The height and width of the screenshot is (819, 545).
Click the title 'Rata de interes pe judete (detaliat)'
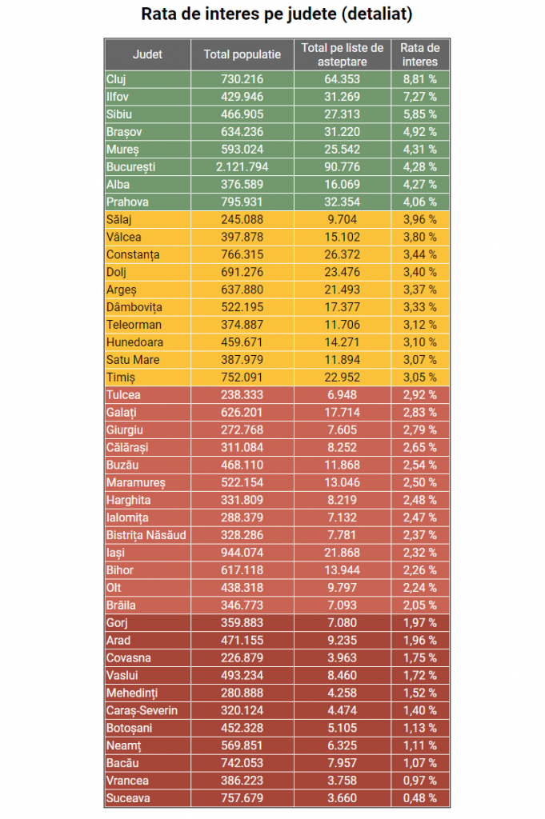[276, 14]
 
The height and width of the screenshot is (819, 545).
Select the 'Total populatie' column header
[242, 54]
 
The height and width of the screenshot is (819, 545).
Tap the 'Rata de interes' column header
[420, 55]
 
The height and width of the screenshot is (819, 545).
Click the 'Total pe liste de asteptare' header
[343, 55]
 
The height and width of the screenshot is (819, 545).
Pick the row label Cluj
[116, 79]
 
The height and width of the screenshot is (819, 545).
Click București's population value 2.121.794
[242, 167]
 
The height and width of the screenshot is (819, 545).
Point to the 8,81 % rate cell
[419, 79]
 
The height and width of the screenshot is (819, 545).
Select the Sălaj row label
[119, 220]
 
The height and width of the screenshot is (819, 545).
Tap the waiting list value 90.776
[343, 167]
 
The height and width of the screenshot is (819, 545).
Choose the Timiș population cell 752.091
[242, 378]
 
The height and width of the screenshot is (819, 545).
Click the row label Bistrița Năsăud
[146, 535]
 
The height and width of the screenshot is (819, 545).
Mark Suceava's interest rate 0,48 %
[419, 799]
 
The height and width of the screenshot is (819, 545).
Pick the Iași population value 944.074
[242, 553]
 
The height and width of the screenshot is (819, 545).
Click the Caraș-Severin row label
[142, 711]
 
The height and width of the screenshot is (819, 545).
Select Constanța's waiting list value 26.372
[343, 255]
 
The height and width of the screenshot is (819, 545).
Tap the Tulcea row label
[123, 395]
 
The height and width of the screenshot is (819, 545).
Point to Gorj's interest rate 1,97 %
[419, 623]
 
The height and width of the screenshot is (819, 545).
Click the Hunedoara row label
[134, 342]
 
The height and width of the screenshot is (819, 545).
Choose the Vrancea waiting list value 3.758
[343, 781]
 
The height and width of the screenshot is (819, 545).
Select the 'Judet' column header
[147, 54]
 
